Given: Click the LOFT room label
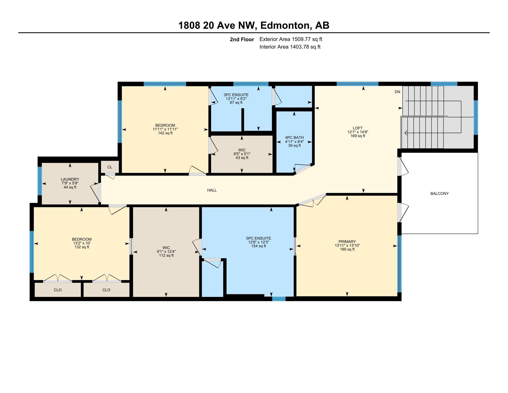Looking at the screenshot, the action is (x=358, y=128).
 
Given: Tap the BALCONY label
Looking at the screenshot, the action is (x=439, y=194).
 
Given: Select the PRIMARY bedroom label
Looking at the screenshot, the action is (x=347, y=242).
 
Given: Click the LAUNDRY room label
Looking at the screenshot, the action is (x=70, y=179).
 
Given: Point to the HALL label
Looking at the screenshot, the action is (x=212, y=190).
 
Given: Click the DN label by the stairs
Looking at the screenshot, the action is (x=397, y=92).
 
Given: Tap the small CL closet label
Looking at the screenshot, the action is (x=110, y=167).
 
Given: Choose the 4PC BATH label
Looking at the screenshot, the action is (x=294, y=138).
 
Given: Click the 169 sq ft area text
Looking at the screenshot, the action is (x=358, y=136).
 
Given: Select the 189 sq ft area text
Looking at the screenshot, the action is (x=347, y=249).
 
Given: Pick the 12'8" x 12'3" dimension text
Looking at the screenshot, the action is (x=259, y=242).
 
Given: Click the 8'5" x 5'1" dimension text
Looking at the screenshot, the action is (x=242, y=154).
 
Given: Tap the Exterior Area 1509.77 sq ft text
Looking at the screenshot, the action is (x=291, y=39).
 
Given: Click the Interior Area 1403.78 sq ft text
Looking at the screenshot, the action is (x=290, y=47).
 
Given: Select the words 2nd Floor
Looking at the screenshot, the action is (x=242, y=39).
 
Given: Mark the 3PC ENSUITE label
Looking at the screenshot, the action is (x=236, y=95).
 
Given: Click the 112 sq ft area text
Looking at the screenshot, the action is (x=166, y=255).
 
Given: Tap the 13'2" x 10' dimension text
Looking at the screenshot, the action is (x=82, y=243).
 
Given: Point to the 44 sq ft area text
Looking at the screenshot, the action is (x=70, y=187).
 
